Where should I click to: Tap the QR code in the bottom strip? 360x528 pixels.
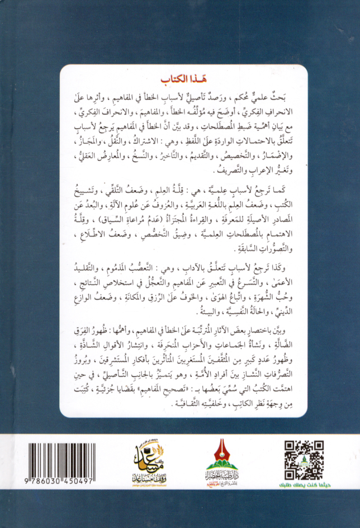304,459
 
